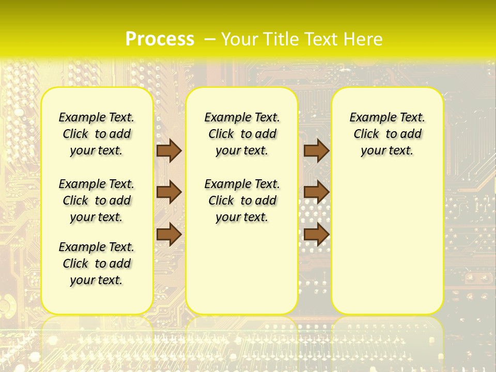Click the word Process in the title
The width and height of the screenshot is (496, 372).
(160, 39)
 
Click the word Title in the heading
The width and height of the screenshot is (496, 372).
(282, 39)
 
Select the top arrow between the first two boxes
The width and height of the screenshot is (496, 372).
(169, 150)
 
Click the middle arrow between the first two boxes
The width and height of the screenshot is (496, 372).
(169, 192)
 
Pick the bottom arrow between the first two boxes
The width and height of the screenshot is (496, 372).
(169, 234)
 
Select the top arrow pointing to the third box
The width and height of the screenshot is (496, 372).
(316, 150)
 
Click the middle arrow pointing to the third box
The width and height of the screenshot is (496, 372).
(316, 192)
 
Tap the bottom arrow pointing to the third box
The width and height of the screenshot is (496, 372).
(316, 234)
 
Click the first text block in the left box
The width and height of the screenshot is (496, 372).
(97, 134)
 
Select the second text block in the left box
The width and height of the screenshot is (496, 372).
(97, 200)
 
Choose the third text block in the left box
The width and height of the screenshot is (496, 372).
(97, 263)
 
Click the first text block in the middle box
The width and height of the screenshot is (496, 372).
(242, 134)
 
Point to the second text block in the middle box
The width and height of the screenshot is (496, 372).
(242, 200)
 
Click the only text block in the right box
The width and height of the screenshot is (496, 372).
(387, 134)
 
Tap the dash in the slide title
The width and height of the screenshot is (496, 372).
(210, 39)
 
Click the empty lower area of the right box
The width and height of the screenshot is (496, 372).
(387, 243)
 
